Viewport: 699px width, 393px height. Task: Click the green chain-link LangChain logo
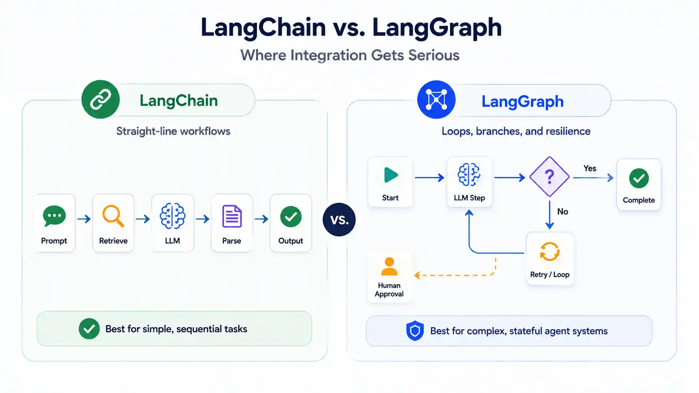[x=100, y=99]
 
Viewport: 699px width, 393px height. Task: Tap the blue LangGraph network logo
[x=436, y=100]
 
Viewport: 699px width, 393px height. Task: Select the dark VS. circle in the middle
[x=339, y=219]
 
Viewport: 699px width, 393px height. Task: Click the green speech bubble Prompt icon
[x=54, y=216]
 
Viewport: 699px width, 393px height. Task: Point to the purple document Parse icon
[x=232, y=216]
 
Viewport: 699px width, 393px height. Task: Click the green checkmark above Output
[x=291, y=216]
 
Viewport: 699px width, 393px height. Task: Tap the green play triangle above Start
[x=391, y=175]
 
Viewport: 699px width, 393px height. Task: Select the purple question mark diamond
[x=549, y=177]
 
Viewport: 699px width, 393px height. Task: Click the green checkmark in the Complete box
[x=639, y=178]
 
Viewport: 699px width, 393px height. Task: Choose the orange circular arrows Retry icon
[x=549, y=251]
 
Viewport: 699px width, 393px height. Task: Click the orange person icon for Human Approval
[x=389, y=266]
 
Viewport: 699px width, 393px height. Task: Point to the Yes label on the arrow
[x=590, y=168]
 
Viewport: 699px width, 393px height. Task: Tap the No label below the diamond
[x=563, y=212]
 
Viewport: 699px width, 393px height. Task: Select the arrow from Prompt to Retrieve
[x=84, y=219]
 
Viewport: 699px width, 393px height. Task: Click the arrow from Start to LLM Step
[x=429, y=177]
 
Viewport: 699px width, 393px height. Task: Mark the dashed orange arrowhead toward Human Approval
[x=417, y=275]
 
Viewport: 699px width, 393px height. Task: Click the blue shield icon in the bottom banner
[x=415, y=331]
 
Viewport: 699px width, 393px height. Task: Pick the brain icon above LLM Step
[x=469, y=175]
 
